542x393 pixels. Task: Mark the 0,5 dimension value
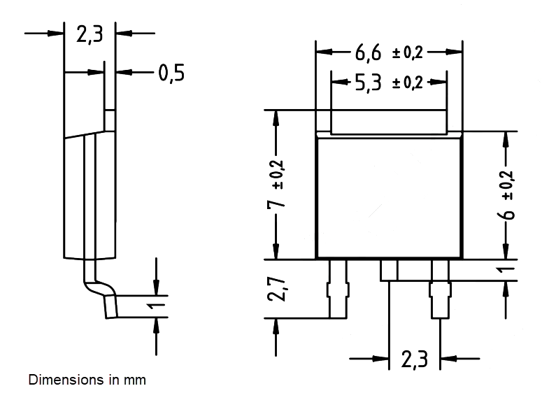[171, 72]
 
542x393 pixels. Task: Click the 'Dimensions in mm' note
[87, 381]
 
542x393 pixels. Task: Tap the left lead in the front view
[337, 287]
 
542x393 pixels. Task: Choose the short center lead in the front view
[389, 269]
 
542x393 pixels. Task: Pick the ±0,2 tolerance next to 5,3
[408, 83]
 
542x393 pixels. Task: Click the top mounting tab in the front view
[388, 122]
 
